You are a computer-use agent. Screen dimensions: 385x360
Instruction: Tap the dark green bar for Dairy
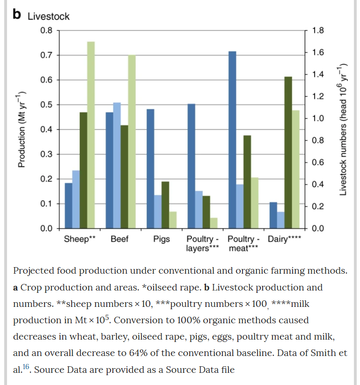tap(288, 152)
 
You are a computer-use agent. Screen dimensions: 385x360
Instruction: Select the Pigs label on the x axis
tap(162, 240)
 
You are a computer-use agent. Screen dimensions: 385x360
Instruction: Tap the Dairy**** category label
tap(284, 240)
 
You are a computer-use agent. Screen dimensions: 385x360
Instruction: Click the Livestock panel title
tap(49, 16)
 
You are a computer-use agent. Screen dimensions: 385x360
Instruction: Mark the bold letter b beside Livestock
tap(17, 15)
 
